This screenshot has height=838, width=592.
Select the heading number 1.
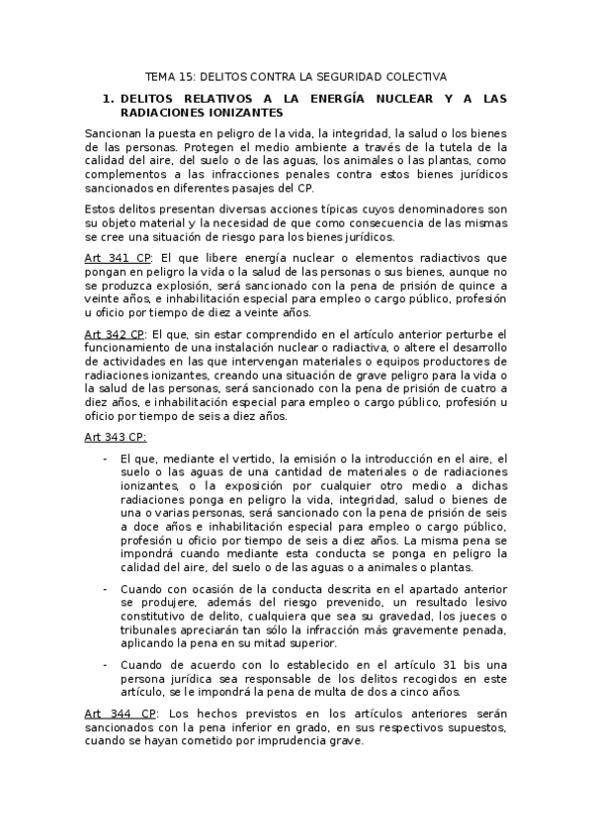pyautogui.click(x=108, y=98)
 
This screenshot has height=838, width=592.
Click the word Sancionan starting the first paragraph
pyautogui.click(x=115, y=132)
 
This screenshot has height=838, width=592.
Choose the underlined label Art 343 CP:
pyautogui.click(x=115, y=437)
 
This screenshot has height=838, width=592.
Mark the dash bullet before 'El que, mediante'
pyautogui.click(x=106, y=459)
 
